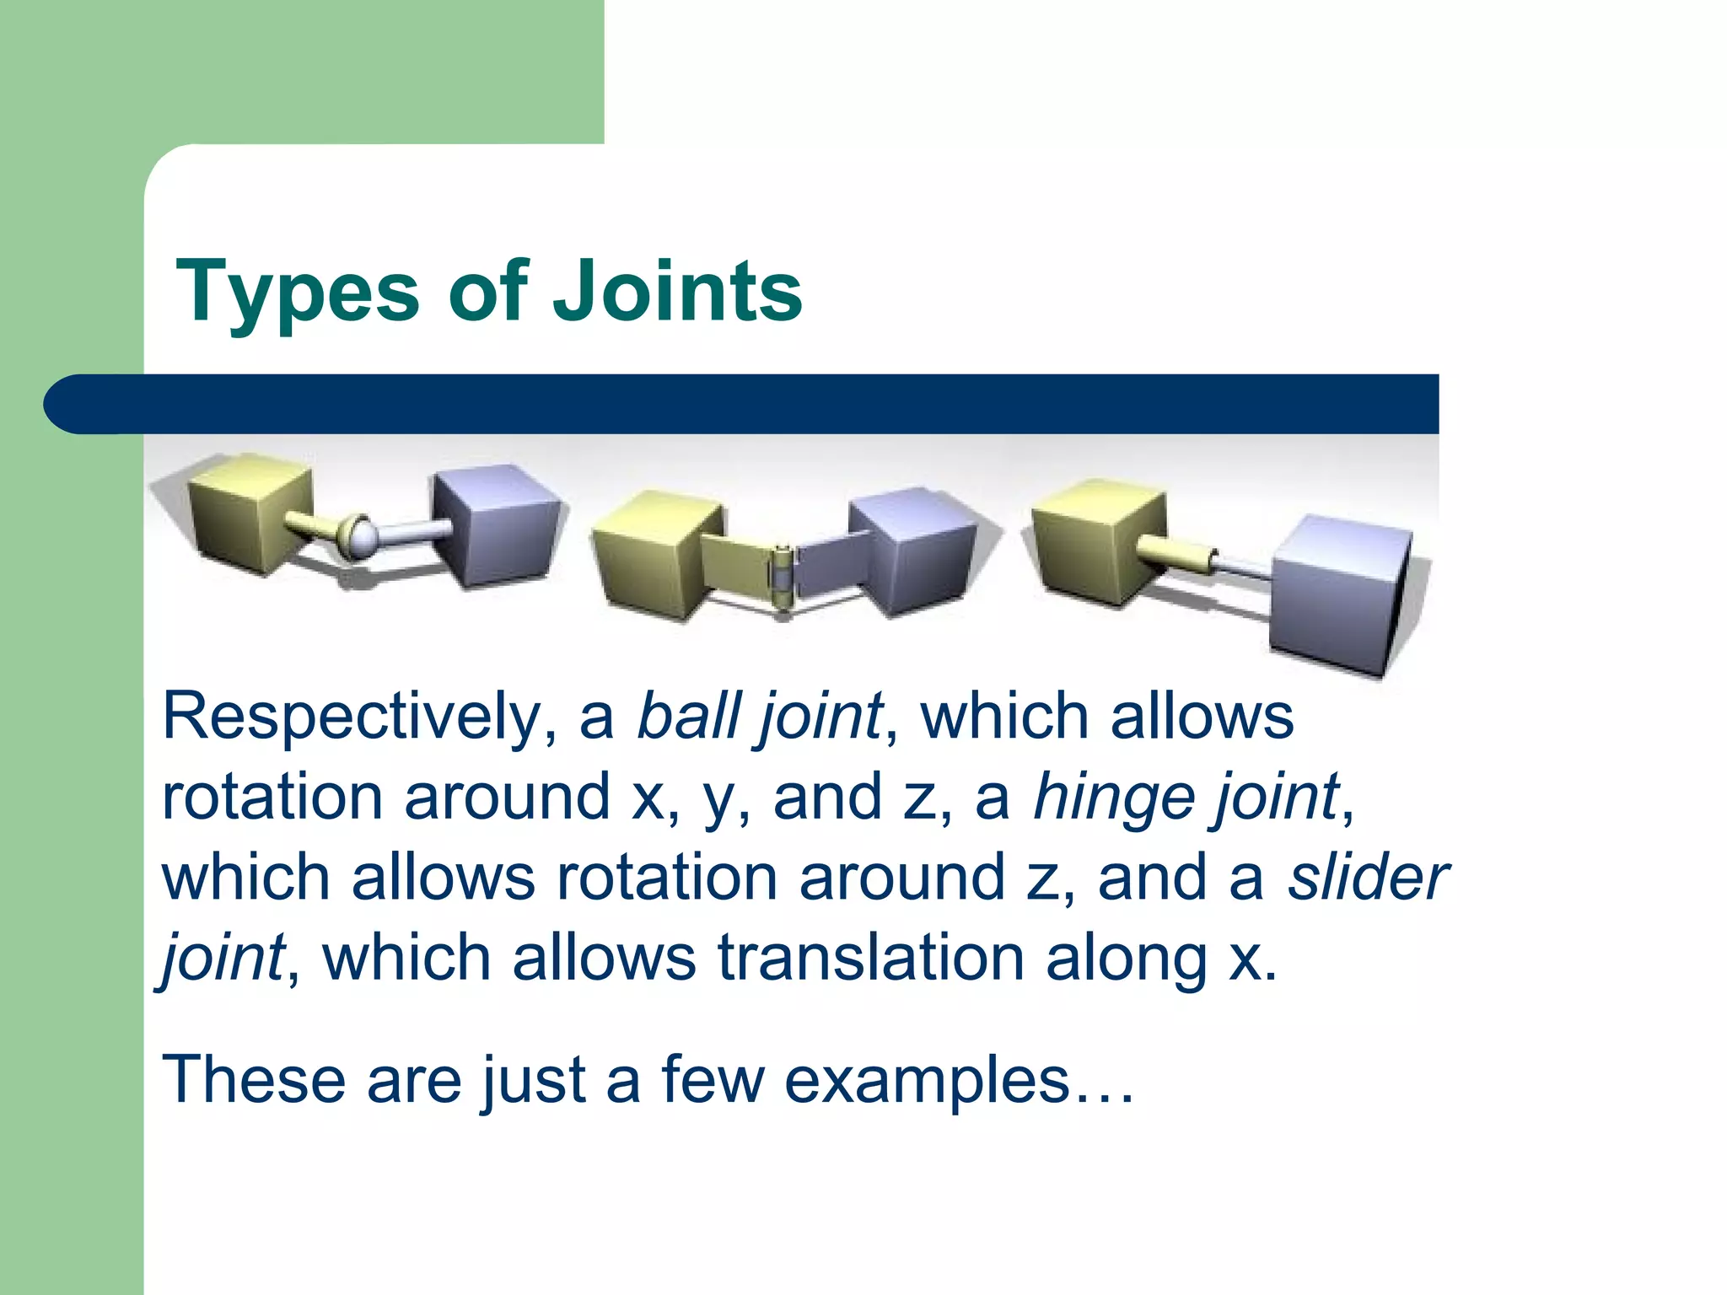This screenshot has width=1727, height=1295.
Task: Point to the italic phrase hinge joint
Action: point(1186,798)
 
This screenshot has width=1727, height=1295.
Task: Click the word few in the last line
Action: point(713,1081)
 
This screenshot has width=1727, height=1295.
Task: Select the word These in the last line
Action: point(253,1081)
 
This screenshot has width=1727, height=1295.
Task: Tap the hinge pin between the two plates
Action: point(783,582)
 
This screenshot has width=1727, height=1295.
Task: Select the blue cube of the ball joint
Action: point(498,527)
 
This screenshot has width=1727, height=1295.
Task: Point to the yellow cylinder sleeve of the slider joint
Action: point(1176,553)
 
